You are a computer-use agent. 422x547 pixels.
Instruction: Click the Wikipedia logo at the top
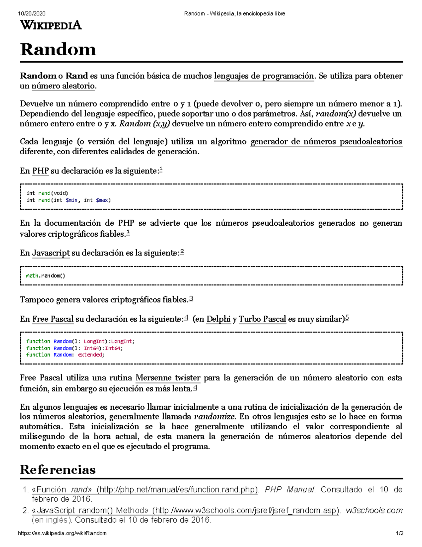[x=51, y=25]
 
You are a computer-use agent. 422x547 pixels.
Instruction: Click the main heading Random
[x=58, y=49]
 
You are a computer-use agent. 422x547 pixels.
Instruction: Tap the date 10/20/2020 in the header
[x=32, y=14]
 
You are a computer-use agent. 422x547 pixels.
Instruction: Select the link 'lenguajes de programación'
[x=264, y=76]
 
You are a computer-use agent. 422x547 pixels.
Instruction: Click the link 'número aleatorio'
[x=63, y=86]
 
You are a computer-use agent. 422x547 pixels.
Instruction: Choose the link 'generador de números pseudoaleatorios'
[x=326, y=142]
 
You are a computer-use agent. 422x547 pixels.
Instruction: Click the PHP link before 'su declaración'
[x=40, y=171]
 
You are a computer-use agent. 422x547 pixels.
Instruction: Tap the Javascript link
[x=51, y=253]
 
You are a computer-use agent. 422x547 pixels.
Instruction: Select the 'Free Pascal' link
[x=53, y=319]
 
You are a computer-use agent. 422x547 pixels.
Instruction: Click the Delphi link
[x=218, y=319]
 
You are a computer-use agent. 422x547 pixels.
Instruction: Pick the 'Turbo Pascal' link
[x=262, y=319]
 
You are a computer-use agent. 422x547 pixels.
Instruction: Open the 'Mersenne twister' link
[x=168, y=378]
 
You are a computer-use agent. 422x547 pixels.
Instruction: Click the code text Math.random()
[x=46, y=276]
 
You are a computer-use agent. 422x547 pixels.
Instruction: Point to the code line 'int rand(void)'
[x=47, y=193]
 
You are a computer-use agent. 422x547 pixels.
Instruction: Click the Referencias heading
[x=58, y=470]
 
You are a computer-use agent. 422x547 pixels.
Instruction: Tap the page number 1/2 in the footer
[x=399, y=533]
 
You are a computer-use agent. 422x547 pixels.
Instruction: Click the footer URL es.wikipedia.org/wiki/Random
[x=62, y=533]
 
